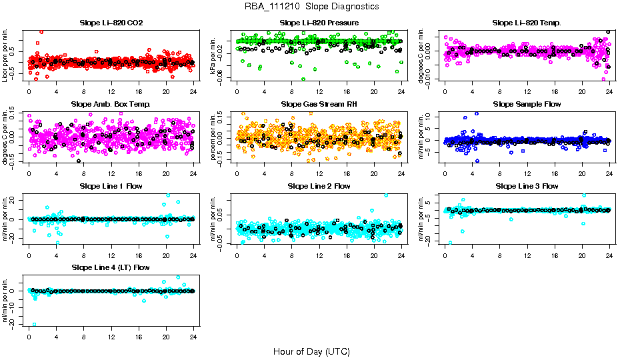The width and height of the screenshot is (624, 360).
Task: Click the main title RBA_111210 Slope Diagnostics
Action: [x=312, y=7]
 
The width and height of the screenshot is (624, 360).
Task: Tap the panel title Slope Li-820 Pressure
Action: [x=319, y=23]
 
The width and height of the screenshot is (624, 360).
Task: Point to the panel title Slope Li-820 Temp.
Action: [x=527, y=23]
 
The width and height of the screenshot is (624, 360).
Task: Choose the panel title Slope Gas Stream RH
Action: [x=319, y=105]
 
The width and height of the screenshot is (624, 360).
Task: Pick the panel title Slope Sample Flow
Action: [x=527, y=105]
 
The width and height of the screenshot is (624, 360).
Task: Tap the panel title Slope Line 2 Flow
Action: [x=319, y=186]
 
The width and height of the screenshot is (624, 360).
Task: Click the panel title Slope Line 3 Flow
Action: [x=527, y=186]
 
